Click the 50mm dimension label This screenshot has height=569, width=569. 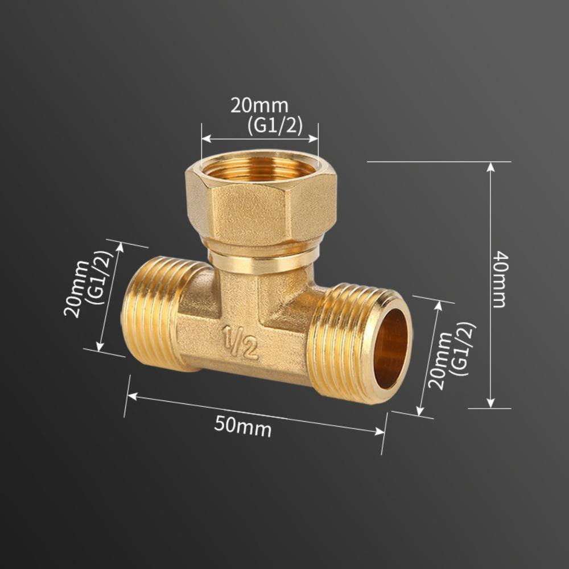(243, 425)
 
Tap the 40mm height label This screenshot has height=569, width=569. (499, 279)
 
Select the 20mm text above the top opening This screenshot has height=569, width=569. (259, 106)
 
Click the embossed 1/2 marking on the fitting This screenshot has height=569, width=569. (240, 342)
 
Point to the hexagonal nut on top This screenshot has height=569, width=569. (261, 205)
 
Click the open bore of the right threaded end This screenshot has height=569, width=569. (390, 348)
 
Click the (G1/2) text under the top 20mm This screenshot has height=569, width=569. (275, 125)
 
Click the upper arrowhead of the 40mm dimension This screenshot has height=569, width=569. (490, 166)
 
